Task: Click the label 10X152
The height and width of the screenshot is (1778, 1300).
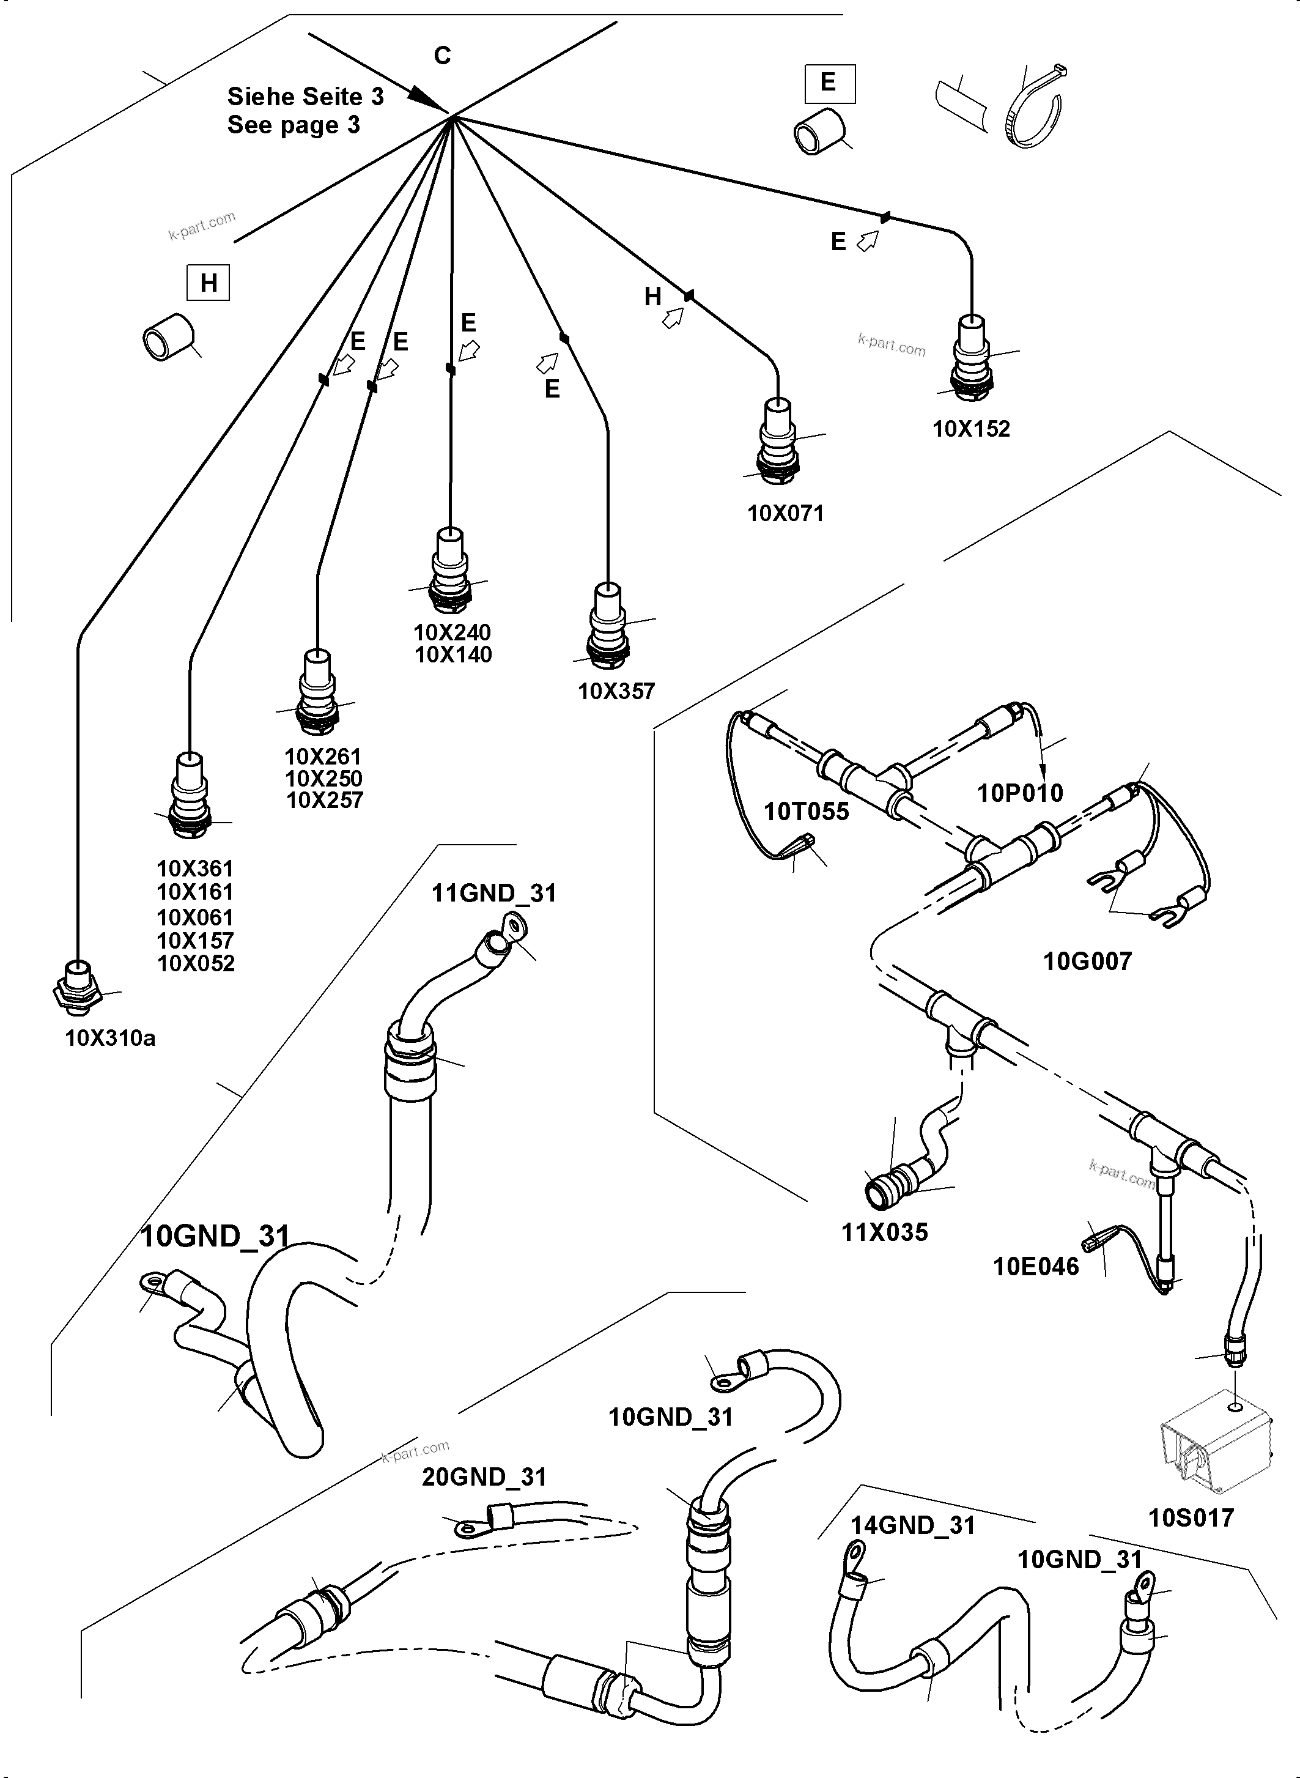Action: (x=971, y=429)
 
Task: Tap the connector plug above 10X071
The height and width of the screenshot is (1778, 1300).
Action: (x=778, y=441)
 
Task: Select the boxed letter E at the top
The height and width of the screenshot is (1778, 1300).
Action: (x=829, y=83)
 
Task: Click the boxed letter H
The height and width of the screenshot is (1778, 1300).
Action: (x=208, y=283)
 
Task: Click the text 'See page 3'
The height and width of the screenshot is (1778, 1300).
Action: (x=294, y=125)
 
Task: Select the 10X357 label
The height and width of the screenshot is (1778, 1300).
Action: (x=616, y=691)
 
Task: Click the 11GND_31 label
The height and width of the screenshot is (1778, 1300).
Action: (x=493, y=894)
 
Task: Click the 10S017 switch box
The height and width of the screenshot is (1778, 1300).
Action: (x=1215, y=1448)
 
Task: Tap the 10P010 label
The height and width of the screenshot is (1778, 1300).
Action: (x=1020, y=793)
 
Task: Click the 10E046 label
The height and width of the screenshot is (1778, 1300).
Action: (x=1036, y=1267)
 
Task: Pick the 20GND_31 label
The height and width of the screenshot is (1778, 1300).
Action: (x=484, y=1476)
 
